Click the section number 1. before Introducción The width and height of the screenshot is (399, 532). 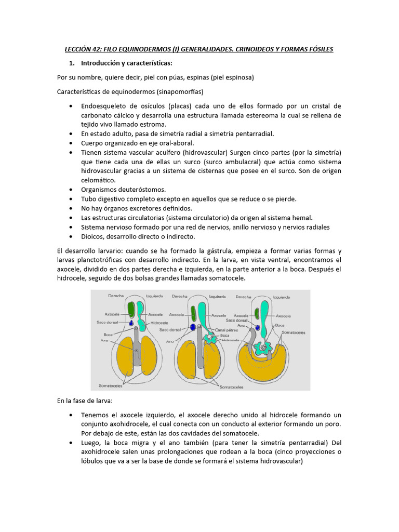click(72, 63)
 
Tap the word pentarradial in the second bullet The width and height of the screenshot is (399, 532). click(252, 134)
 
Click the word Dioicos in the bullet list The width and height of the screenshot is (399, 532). click(94, 236)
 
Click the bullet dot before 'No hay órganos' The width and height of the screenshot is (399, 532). click(71, 208)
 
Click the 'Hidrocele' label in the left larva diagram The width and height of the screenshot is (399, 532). click(159, 323)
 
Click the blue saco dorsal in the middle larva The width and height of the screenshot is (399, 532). click(193, 327)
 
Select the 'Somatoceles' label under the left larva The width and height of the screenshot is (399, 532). click(110, 386)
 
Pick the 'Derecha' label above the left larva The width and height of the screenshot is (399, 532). click(116, 296)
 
